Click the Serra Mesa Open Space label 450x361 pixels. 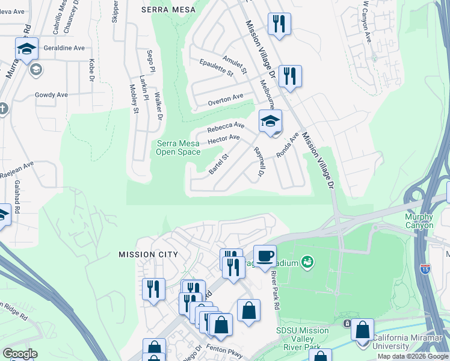[178, 147]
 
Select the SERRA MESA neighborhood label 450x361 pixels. [165, 10]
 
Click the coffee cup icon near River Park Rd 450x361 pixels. [265, 255]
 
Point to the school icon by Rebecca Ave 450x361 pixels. [270, 121]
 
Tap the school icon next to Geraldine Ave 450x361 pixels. [26, 49]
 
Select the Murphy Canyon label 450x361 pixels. [419, 221]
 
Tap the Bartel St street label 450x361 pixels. [219, 164]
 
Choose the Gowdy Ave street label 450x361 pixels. [51, 94]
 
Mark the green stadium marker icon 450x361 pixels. [308, 262]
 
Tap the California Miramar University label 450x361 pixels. [411, 342]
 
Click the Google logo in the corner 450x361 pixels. [20, 354]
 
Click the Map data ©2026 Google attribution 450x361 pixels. [413, 356]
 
